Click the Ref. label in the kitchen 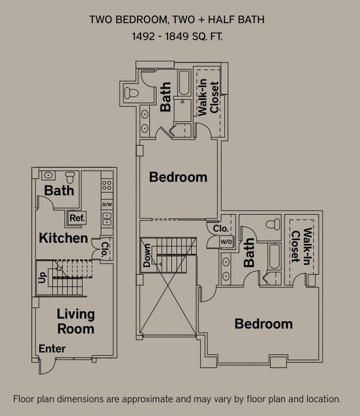tap(77, 218)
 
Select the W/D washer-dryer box tap(211, 242)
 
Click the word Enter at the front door tap(52, 349)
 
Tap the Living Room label tap(76, 322)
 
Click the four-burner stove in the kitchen tap(107, 186)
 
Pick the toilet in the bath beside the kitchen tap(69, 177)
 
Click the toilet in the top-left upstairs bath tap(132, 92)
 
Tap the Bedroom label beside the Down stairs tap(178, 177)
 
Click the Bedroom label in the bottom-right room tap(264, 324)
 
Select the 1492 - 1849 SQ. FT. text tap(177, 37)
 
